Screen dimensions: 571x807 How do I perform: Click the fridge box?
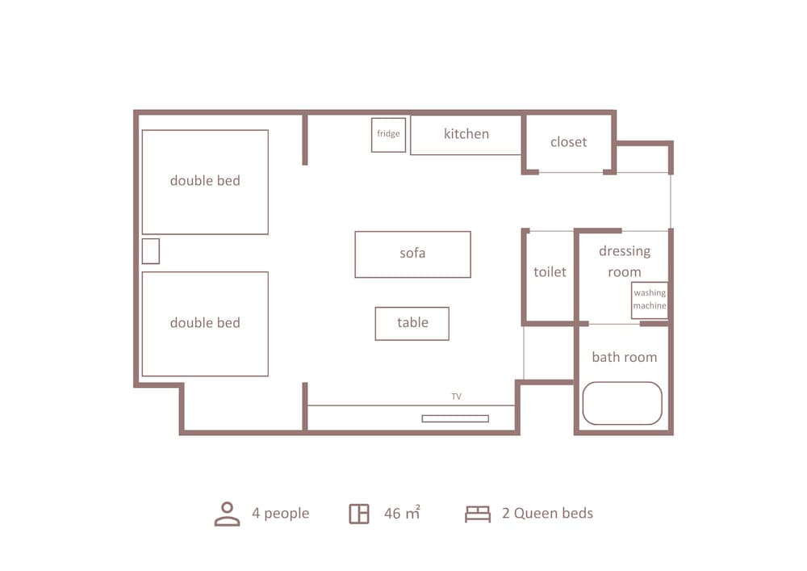pos(388,135)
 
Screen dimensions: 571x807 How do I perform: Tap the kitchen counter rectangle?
pos(466,135)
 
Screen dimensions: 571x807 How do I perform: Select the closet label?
pos(568,142)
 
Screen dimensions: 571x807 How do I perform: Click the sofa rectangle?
pos(412,254)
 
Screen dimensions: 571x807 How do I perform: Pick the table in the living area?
pos(412,323)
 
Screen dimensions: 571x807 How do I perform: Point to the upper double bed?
pos(205,182)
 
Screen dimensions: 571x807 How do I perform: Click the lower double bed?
pos(205,324)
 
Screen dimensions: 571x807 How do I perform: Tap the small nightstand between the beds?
pos(151,251)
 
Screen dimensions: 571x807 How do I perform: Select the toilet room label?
pos(550,272)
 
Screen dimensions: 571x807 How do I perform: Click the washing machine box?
pos(650,300)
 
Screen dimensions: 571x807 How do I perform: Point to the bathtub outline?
pos(622,403)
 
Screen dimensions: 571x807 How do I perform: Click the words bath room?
pos(624,357)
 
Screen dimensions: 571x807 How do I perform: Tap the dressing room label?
pos(624,262)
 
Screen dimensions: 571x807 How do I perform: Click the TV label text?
pos(456,397)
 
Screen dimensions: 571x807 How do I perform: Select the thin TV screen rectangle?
pos(455,418)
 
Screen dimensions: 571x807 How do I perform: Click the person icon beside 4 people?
pos(227,514)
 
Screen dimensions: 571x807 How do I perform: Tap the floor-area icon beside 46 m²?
pos(359,514)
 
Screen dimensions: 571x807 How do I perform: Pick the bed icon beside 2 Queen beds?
pos(478,514)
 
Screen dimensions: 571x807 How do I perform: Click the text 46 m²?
pos(401,513)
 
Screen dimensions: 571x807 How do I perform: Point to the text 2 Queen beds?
pos(547,513)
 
